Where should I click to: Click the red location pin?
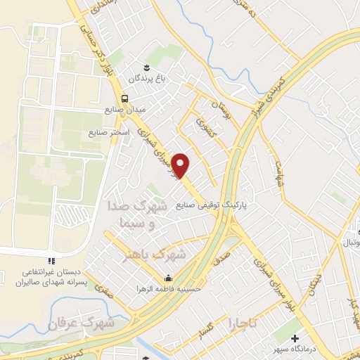[182, 165]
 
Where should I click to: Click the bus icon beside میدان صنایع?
[124, 98]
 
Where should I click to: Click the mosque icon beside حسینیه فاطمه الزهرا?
[168, 276]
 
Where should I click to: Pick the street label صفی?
[105, 289]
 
